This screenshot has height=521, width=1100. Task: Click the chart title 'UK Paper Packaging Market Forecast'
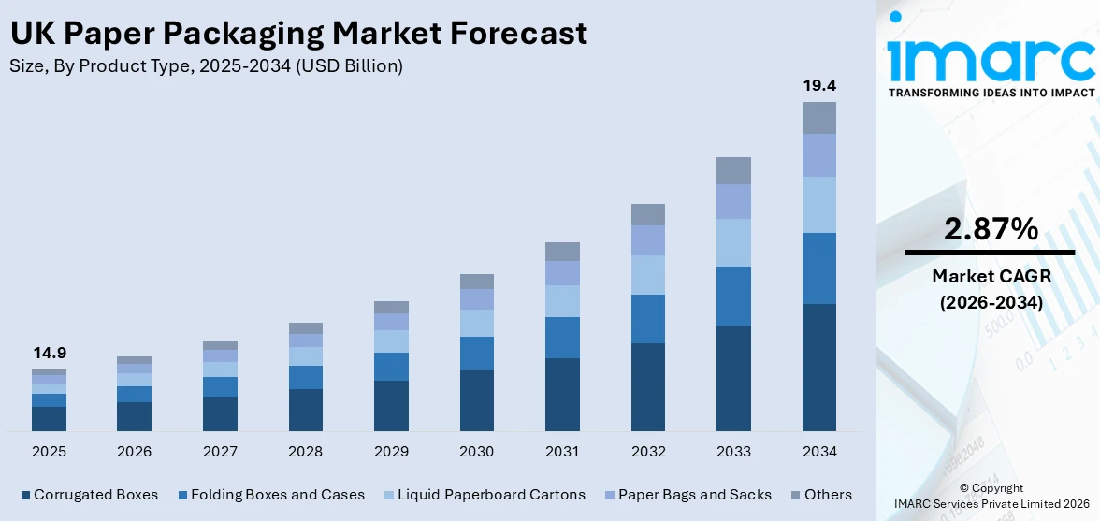pyautogui.click(x=298, y=34)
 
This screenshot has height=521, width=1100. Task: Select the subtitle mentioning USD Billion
pyautogui.click(x=207, y=65)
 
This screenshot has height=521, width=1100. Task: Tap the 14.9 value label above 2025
pyautogui.click(x=49, y=354)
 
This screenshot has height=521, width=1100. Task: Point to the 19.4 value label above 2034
pyautogui.click(x=818, y=85)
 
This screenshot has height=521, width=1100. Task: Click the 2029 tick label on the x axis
pyautogui.click(x=391, y=452)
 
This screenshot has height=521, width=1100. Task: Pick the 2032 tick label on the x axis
pyautogui.click(x=647, y=452)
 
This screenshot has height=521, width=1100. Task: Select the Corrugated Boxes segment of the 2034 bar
pyautogui.click(x=818, y=367)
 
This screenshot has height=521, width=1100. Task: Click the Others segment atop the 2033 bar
pyautogui.click(x=733, y=170)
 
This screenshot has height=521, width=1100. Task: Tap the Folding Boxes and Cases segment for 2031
pyautogui.click(x=562, y=338)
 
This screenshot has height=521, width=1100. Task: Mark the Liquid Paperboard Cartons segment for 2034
pyautogui.click(x=818, y=205)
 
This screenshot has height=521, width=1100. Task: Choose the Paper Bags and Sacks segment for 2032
pyautogui.click(x=647, y=240)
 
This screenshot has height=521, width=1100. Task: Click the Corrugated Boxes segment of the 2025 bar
pyautogui.click(x=49, y=418)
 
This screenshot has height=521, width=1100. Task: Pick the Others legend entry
pyautogui.click(x=820, y=495)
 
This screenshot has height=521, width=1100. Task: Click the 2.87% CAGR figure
pyautogui.click(x=990, y=229)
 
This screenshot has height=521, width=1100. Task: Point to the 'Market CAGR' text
pyautogui.click(x=990, y=276)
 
